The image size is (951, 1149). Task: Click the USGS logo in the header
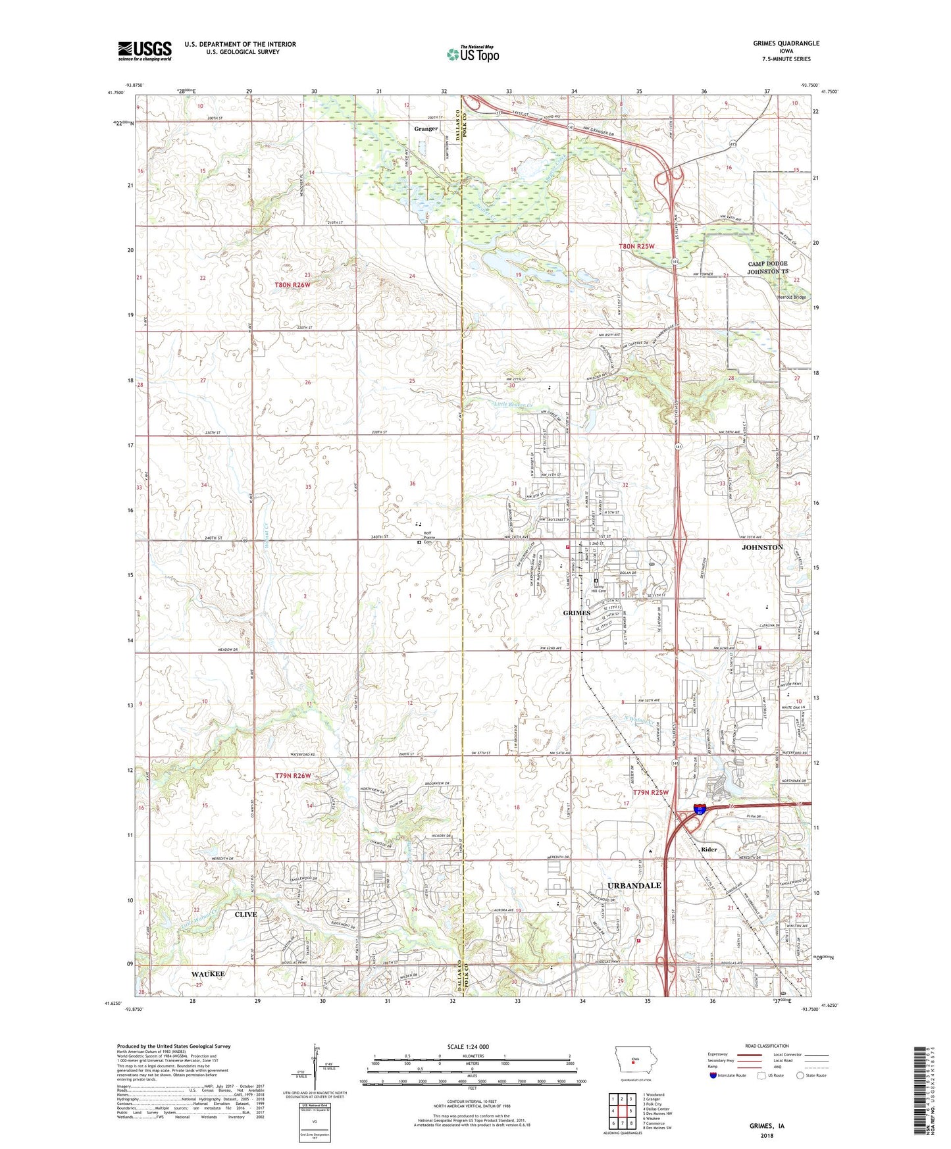pyautogui.click(x=145, y=50)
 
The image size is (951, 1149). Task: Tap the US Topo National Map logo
pyautogui.click(x=473, y=53)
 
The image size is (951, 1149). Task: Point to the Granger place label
pyautogui.click(x=426, y=129)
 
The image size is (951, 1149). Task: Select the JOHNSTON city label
pyautogui.click(x=762, y=548)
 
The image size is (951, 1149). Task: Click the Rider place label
pyautogui.click(x=709, y=850)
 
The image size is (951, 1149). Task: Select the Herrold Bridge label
pyautogui.click(x=792, y=297)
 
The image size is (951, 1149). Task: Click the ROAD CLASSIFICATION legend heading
pyautogui.click(x=767, y=1046)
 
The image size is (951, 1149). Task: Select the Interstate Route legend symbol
pyautogui.click(x=713, y=1076)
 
